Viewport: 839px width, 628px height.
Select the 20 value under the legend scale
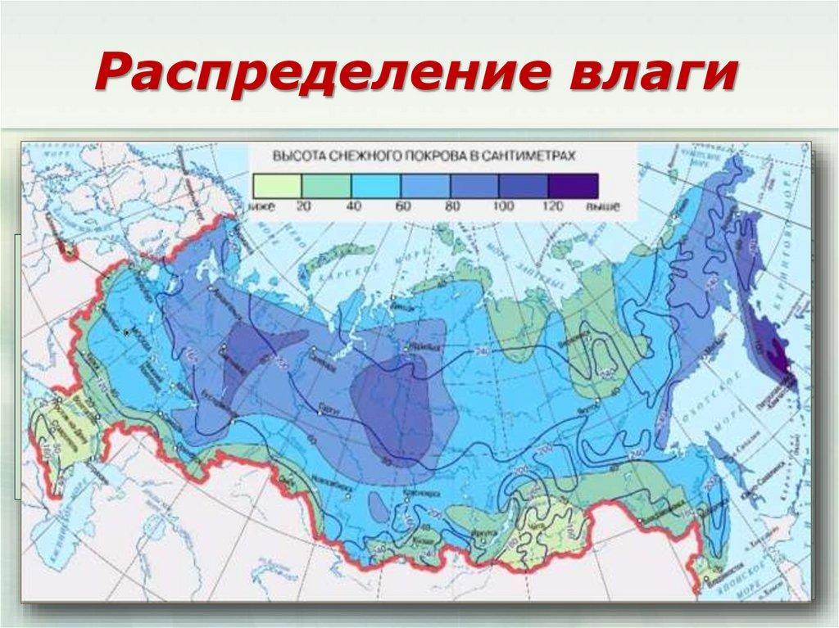pos(302,206)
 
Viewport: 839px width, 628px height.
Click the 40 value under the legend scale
pos(353,206)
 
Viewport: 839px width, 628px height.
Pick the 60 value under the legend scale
pos(402,206)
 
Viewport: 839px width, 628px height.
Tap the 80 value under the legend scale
pos(451,206)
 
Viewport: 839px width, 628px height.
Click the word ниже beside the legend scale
pos(264,206)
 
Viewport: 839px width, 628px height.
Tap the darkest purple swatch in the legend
pos(574,185)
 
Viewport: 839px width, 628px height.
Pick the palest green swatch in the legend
pos(278,185)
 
